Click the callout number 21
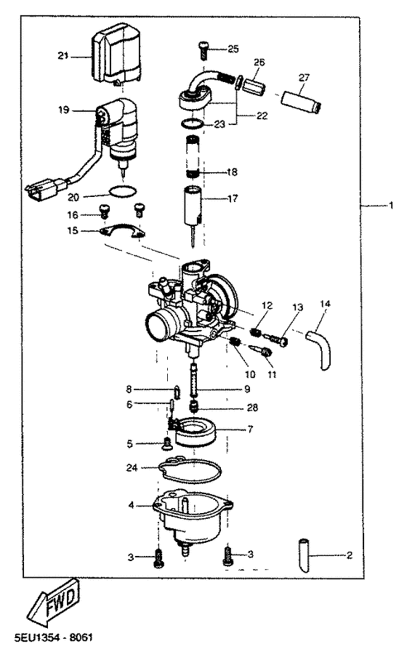pos(63,55)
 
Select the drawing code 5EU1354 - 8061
pos(54,638)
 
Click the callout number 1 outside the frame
pos(391,206)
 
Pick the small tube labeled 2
pos(305,555)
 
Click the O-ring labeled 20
pos(122,191)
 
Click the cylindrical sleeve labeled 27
pos(301,103)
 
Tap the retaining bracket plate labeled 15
pos(121,231)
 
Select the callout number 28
pos(252,408)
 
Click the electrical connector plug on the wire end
pos(44,191)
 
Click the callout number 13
pos(297,307)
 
